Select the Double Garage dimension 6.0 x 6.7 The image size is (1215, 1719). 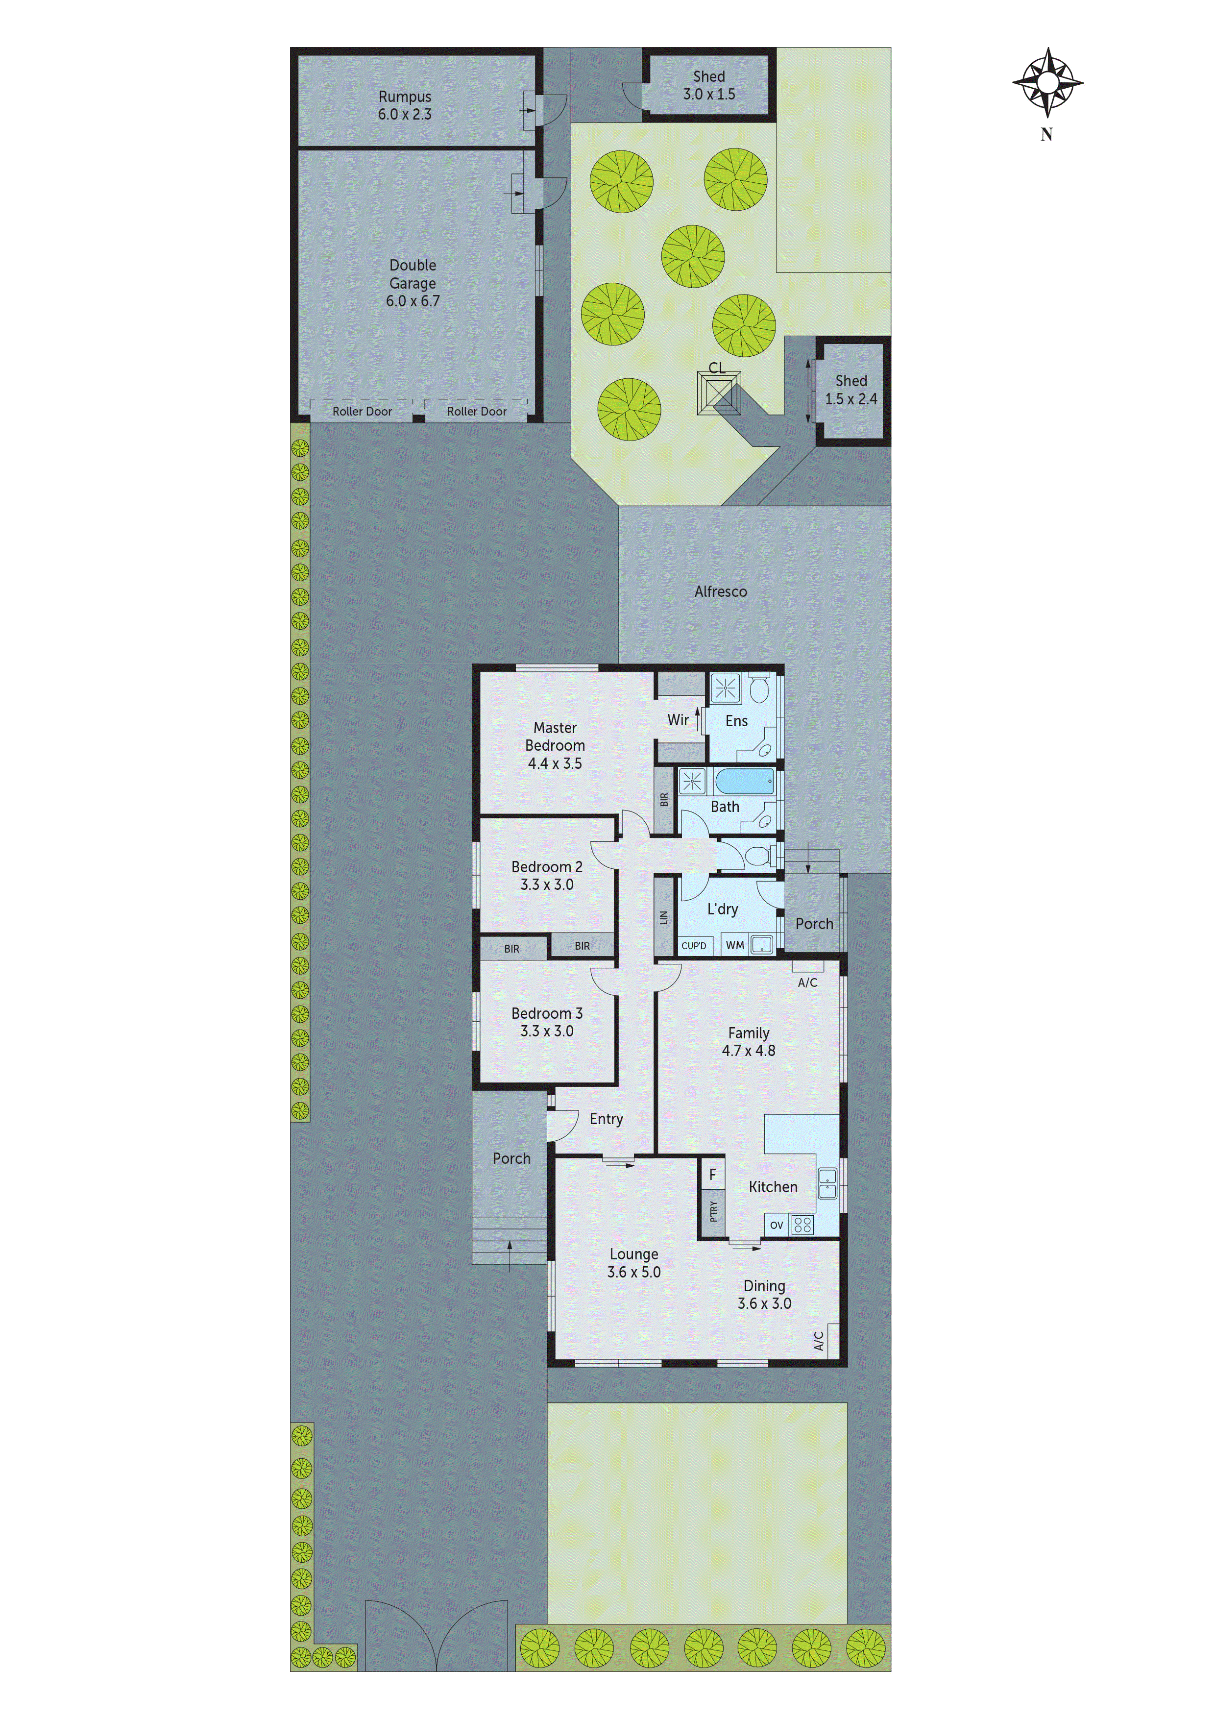tap(413, 301)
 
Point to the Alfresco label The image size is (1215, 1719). tap(720, 591)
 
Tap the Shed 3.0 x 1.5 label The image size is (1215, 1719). tap(708, 85)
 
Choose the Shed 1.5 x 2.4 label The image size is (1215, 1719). tap(851, 390)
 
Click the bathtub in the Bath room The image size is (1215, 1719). tap(744, 781)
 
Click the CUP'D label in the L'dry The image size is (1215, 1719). tap(693, 946)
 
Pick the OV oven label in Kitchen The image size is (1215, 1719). tap(777, 1226)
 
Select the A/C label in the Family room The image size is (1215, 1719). tap(807, 982)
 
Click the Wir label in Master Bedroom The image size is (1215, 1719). tap(678, 719)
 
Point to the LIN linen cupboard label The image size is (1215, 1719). tap(663, 917)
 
